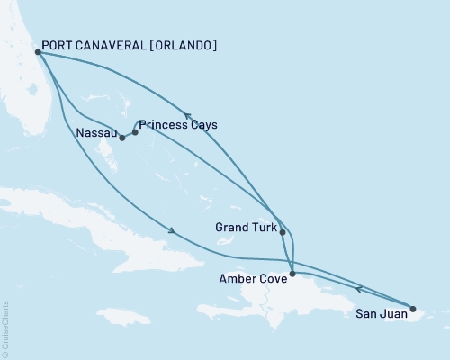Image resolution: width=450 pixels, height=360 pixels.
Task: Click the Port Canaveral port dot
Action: click(x=38, y=52)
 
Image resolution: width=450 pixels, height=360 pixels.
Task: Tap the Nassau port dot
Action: click(x=121, y=138)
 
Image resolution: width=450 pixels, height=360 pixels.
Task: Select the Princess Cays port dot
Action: click(x=135, y=132)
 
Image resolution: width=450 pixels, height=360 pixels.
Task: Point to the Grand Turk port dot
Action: click(x=283, y=232)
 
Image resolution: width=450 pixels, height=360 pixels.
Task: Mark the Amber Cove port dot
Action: click(x=292, y=274)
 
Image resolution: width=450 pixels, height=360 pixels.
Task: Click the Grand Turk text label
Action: click(x=246, y=228)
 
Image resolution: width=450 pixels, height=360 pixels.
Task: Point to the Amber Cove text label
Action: click(x=253, y=279)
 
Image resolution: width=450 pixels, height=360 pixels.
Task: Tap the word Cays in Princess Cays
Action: click(x=203, y=125)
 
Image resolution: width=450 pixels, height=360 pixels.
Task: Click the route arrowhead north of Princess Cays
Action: click(x=188, y=115)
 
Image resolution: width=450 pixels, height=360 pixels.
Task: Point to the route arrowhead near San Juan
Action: click(x=359, y=288)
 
